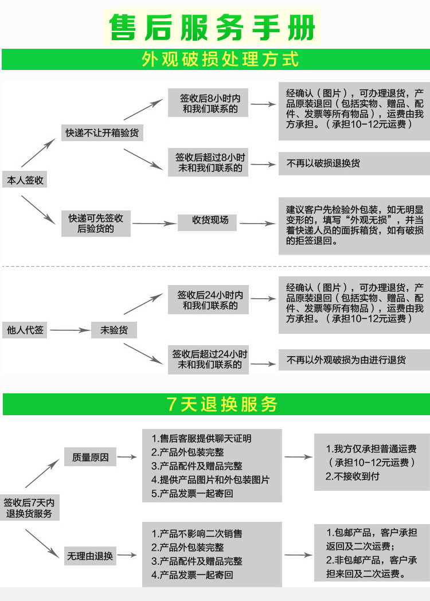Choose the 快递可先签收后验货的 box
(x=96, y=224)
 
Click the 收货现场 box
(x=210, y=220)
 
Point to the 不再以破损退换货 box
(x=353, y=163)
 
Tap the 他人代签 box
(x=25, y=330)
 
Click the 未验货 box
(x=114, y=330)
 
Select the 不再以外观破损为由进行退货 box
(x=353, y=360)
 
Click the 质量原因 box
(x=90, y=457)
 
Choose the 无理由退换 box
(x=90, y=556)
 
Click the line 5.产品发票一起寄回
(x=193, y=493)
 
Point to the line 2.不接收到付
(x=353, y=476)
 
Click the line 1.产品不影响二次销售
(x=197, y=533)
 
